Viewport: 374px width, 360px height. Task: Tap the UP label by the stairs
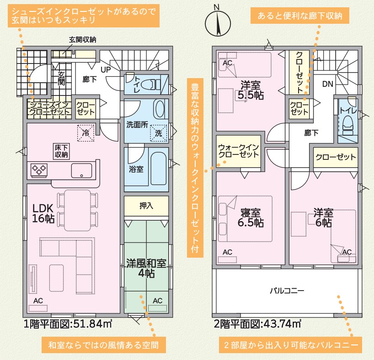(106, 69)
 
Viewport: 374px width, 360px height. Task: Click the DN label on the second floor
(327, 84)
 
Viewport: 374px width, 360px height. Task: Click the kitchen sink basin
(81, 171)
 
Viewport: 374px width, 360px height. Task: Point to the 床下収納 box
(61, 151)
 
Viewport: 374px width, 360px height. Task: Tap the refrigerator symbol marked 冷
(85, 132)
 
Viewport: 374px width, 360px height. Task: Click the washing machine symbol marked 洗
(158, 133)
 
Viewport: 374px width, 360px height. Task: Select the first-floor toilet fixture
(151, 84)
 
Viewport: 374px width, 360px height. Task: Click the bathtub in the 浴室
(158, 169)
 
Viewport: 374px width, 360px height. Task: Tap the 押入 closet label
(146, 206)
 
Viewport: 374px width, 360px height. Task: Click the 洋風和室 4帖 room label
(146, 268)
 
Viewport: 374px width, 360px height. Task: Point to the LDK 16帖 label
(43, 213)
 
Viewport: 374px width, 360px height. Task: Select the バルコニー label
(287, 291)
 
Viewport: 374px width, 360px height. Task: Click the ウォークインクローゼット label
(238, 151)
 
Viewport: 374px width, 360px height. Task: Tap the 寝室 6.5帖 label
(251, 217)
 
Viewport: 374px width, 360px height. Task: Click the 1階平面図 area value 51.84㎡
(93, 324)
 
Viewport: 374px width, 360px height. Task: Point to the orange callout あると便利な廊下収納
(300, 16)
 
